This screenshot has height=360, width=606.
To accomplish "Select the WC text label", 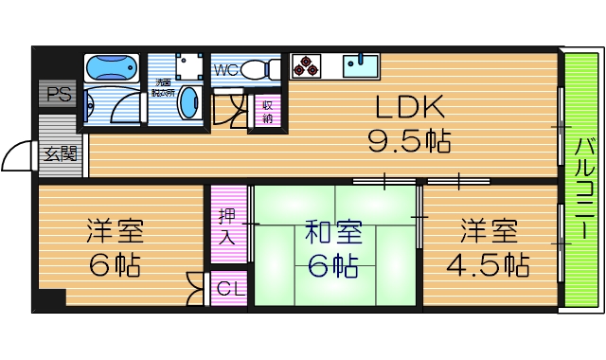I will [x=225, y=69].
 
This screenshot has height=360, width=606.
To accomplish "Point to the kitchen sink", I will [x=360, y=65].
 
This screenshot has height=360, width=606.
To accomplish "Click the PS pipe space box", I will [x=59, y=94].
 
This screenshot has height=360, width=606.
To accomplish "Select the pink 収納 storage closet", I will [x=268, y=111].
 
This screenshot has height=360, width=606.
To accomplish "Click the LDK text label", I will [x=408, y=106].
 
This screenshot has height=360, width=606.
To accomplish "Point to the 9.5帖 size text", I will [x=409, y=142].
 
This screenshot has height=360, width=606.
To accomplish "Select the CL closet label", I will [x=229, y=289].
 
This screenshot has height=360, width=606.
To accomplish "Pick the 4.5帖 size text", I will [x=488, y=264].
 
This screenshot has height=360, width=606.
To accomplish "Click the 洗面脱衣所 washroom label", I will [x=164, y=88].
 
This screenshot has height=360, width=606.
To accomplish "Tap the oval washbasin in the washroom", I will [x=188, y=101].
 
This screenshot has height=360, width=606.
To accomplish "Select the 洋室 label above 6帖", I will [x=115, y=230].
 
